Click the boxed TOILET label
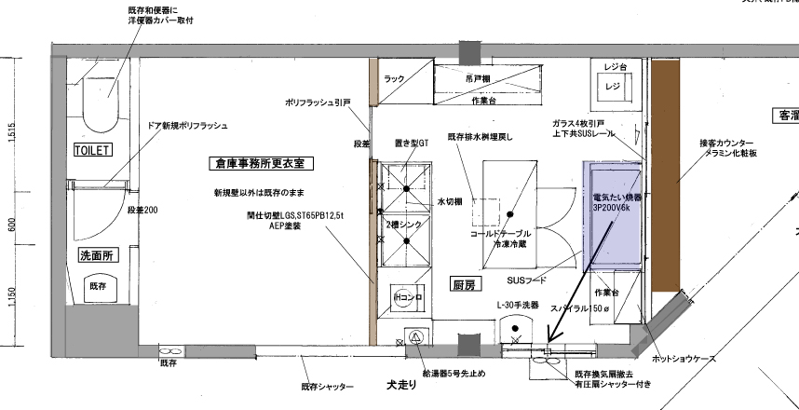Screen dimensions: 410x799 92,149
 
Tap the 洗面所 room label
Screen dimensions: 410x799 96,254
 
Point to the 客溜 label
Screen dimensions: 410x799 786,116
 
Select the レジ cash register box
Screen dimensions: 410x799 612,87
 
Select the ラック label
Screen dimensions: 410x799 394,80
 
